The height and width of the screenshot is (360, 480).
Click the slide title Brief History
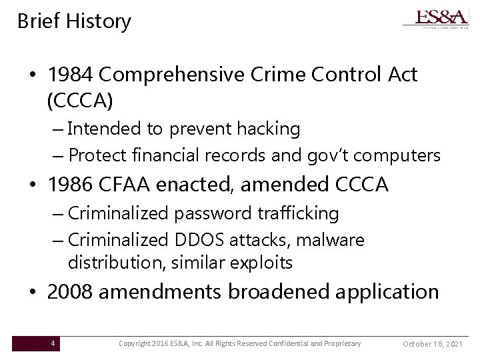(x=74, y=21)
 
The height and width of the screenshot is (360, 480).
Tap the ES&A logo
(x=436, y=18)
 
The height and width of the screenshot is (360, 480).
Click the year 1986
(x=70, y=184)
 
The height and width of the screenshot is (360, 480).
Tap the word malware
(x=339, y=239)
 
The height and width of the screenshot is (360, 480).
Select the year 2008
(x=70, y=291)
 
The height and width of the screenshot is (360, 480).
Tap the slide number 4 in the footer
(x=53, y=343)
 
